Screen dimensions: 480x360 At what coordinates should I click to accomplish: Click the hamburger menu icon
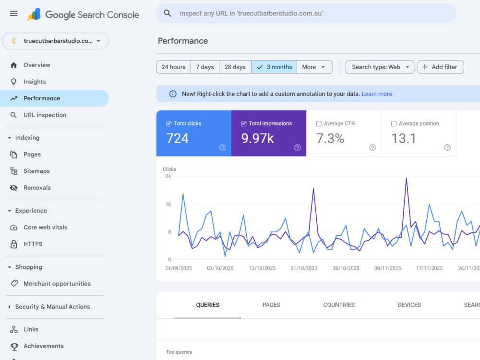(x=13, y=13)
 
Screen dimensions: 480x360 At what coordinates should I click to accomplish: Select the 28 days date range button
(x=235, y=67)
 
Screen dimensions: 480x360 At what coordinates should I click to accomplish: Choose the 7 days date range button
(x=205, y=67)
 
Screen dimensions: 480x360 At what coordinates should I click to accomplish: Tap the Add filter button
(x=441, y=67)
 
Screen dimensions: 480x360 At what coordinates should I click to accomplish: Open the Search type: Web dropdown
(x=380, y=67)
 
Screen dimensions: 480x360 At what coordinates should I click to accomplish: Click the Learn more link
(x=377, y=94)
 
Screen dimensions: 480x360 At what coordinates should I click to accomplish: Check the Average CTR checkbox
(x=319, y=124)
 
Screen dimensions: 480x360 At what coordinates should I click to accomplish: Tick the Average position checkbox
(x=394, y=124)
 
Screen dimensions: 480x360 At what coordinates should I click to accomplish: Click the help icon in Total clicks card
(x=223, y=147)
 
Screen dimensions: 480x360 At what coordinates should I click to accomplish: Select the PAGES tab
(x=271, y=305)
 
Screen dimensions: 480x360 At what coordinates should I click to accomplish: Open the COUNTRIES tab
(x=339, y=305)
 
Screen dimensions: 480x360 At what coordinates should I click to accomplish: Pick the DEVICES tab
(x=409, y=305)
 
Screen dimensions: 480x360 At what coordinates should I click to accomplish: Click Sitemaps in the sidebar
(x=36, y=171)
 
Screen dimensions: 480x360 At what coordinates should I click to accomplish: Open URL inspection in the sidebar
(x=45, y=115)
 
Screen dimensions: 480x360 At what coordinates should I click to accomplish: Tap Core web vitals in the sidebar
(x=45, y=228)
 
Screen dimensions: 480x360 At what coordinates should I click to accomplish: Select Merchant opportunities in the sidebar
(x=57, y=284)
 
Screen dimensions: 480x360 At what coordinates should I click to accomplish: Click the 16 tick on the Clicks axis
(x=168, y=204)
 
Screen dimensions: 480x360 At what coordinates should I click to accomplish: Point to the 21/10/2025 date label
(x=304, y=268)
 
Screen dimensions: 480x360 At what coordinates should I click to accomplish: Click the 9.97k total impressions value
(x=257, y=138)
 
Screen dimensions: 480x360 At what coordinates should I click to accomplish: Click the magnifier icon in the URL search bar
(x=168, y=13)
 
